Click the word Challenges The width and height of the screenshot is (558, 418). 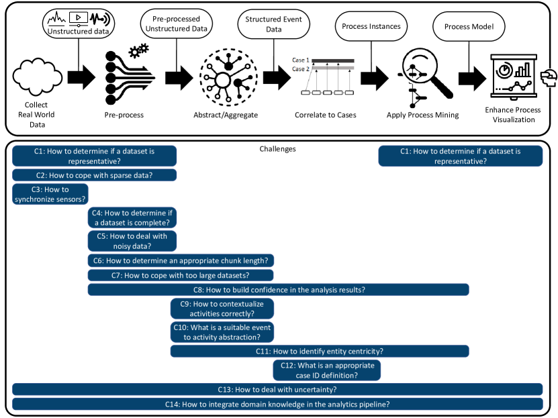277,149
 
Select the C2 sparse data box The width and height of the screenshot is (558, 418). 94,175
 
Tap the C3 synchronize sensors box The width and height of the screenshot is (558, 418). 50,195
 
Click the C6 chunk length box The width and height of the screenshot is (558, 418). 181,260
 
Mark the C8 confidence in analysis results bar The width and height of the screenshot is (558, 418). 278,290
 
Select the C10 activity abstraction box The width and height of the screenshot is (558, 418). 222,332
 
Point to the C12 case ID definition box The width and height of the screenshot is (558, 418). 327,370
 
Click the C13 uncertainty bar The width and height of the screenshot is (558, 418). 277,389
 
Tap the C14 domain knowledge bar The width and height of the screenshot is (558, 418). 277,404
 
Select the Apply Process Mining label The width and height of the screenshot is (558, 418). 423,115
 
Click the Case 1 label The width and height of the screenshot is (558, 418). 300,60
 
